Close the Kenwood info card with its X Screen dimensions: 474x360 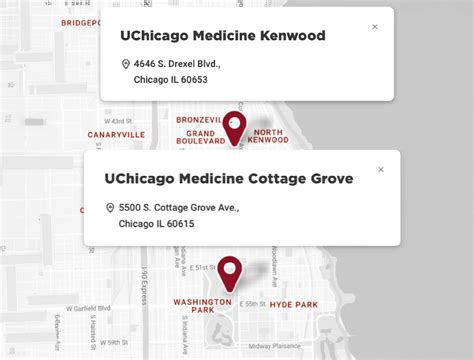click(x=375, y=27)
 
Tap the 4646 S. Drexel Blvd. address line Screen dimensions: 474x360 click(x=178, y=64)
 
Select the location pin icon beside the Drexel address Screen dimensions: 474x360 click(x=125, y=64)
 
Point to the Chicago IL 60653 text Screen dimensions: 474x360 click(x=171, y=80)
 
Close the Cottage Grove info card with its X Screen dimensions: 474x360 click(x=381, y=170)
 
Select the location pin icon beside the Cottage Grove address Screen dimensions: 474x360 click(x=110, y=208)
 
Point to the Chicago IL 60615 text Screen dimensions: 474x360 click(x=156, y=224)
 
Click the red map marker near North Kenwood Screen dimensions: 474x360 click(x=235, y=126)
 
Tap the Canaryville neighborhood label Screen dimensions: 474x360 click(x=117, y=134)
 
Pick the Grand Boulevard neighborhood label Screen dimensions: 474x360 click(x=206, y=137)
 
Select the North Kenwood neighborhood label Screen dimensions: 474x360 click(x=269, y=137)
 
